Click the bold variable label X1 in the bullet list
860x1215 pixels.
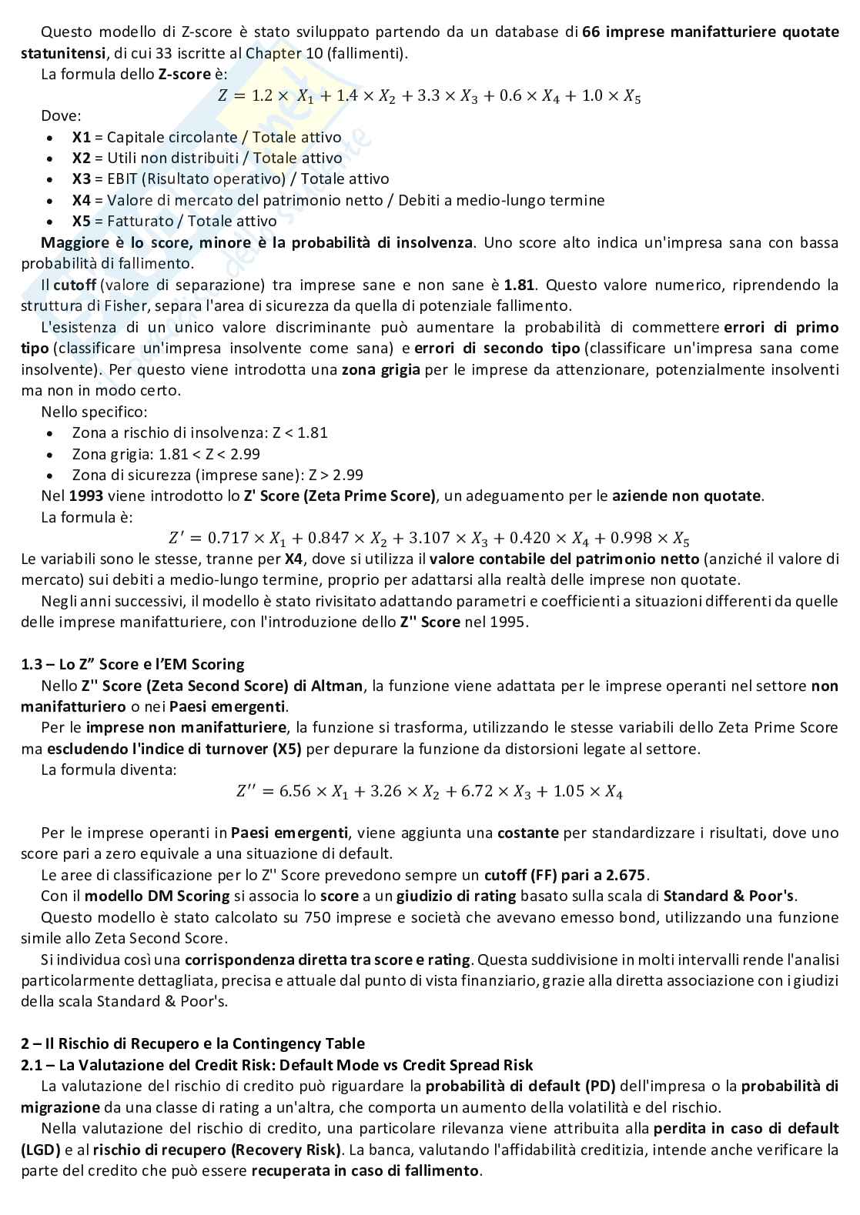81,137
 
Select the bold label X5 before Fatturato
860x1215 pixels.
81,221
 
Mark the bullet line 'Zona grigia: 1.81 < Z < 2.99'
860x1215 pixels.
166,454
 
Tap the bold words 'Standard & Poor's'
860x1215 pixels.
728,896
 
